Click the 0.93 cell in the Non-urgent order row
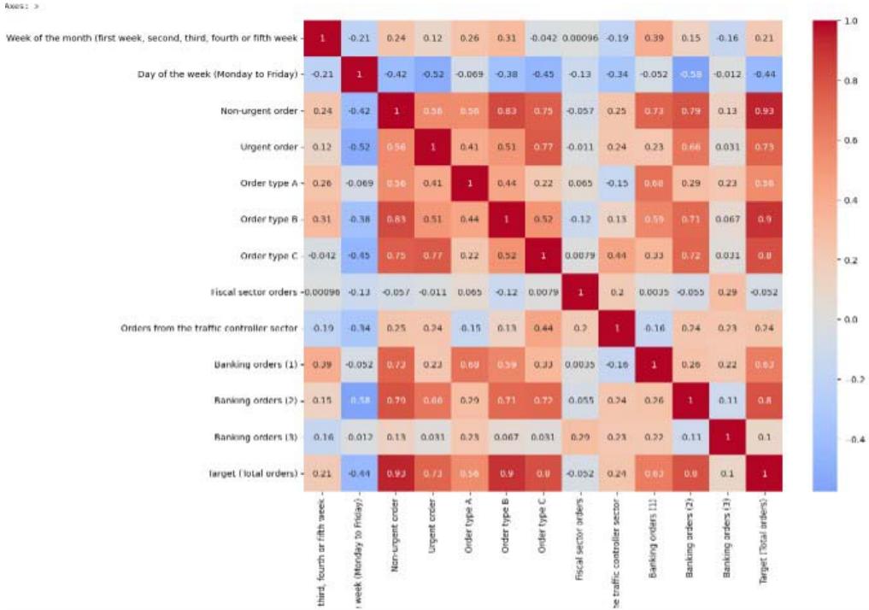pos(762,110)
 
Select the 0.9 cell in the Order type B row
pos(762,220)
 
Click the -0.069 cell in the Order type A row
pos(359,183)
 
